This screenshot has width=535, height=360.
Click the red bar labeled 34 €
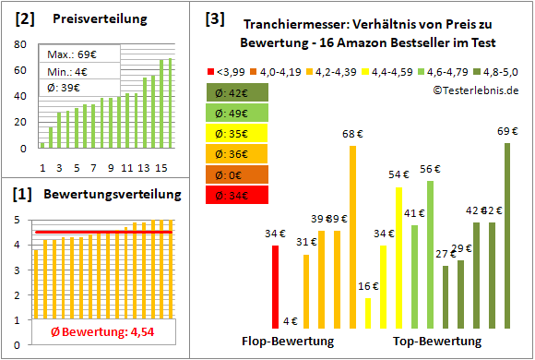(x=275, y=286)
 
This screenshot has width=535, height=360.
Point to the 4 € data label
(x=290, y=320)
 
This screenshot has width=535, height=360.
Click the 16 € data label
(x=368, y=286)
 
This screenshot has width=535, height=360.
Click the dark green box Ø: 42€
(x=238, y=92)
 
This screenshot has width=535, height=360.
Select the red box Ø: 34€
(x=238, y=194)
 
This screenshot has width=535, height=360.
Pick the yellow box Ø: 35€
(x=238, y=133)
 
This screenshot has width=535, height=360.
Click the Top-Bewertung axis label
(x=437, y=342)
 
